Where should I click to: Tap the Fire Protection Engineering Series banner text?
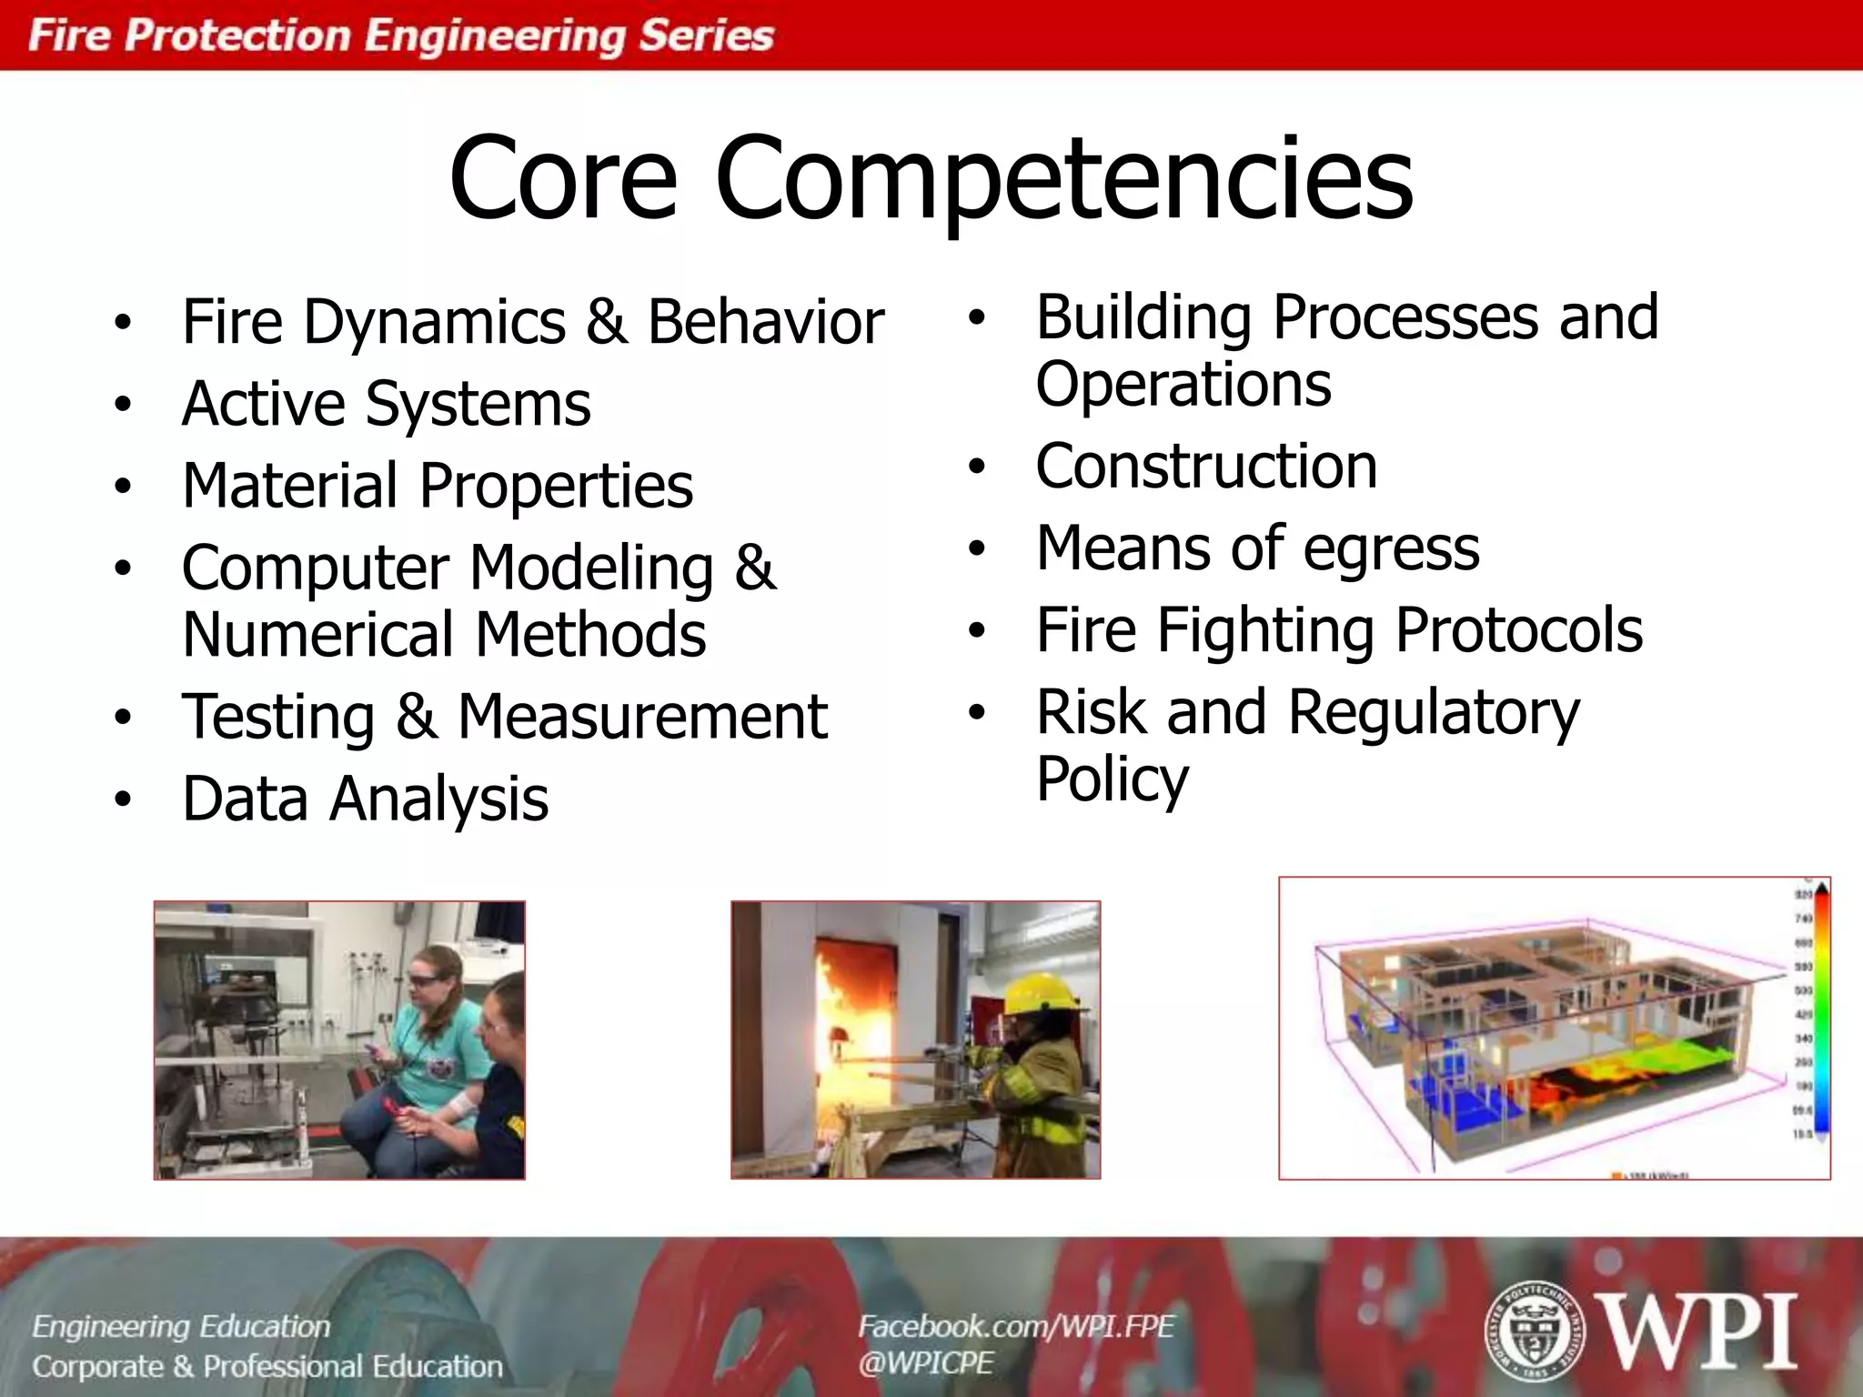click(400, 35)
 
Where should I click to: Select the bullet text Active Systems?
click(387, 403)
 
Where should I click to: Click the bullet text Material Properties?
click(438, 485)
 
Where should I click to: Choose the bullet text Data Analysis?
click(365, 799)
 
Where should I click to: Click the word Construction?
click(1206, 466)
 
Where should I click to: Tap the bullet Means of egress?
click(1257, 548)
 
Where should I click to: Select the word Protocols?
click(1518, 629)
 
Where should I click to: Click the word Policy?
click(1112, 779)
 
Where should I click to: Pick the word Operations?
click(1183, 384)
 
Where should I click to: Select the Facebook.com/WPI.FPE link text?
click(1016, 1326)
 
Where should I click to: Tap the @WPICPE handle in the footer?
click(925, 1362)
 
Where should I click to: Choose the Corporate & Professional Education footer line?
click(267, 1366)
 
